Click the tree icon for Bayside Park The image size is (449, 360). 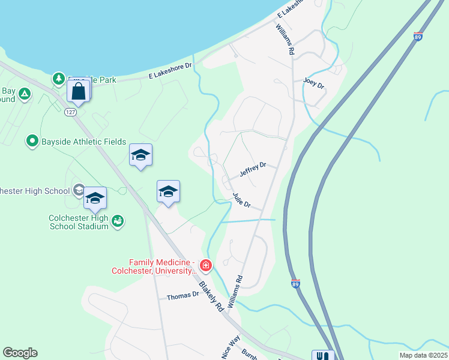coord(58,78)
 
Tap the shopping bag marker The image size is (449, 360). coord(79,91)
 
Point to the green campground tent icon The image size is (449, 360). coord(25,93)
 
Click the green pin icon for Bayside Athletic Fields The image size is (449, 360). coord(32,142)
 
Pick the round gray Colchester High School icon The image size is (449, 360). coord(78,191)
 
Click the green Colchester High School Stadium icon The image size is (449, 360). coord(118,221)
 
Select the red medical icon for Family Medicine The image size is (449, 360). coord(206,265)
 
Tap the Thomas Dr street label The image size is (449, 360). coord(182,296)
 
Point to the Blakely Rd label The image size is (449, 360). coord(211,296)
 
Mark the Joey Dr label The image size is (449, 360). coord(313,83)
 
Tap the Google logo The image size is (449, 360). coord(20,353)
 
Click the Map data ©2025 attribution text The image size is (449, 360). coord(423,355)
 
